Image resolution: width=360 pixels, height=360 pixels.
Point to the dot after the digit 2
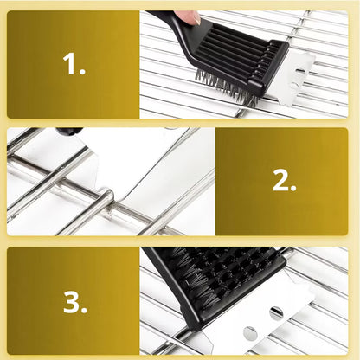(x=292, y=187)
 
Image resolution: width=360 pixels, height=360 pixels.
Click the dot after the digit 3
(x=83, y=309)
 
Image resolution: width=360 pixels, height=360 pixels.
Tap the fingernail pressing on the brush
(x=197, y=20)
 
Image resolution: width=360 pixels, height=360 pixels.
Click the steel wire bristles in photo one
(x=227, y=87)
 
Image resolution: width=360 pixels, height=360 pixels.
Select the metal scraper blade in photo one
(x=292, y=75)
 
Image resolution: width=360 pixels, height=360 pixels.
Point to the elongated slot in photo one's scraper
(x=300, y=71)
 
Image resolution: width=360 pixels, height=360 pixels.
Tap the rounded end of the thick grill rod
(x=109, y=196)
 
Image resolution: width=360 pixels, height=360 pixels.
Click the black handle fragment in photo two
(x=69, y=131)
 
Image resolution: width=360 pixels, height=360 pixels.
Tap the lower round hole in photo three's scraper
(x=250, y=334)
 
